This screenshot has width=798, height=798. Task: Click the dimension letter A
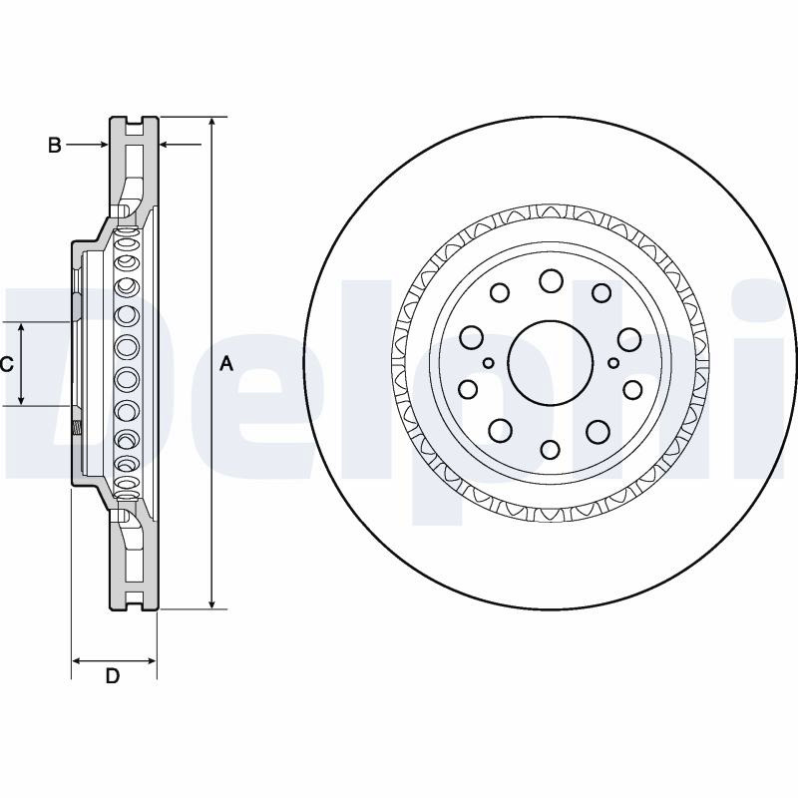point(226,364)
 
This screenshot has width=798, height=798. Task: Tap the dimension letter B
point(55,145)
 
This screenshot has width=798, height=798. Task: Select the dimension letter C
point(6,364)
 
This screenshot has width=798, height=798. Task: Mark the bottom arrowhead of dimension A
point(211,603)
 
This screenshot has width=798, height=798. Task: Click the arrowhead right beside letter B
point(104,145)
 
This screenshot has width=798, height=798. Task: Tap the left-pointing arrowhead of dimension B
point(165,145)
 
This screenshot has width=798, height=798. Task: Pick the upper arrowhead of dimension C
point(21,327)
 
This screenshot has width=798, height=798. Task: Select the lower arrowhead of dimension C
point(21,401)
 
